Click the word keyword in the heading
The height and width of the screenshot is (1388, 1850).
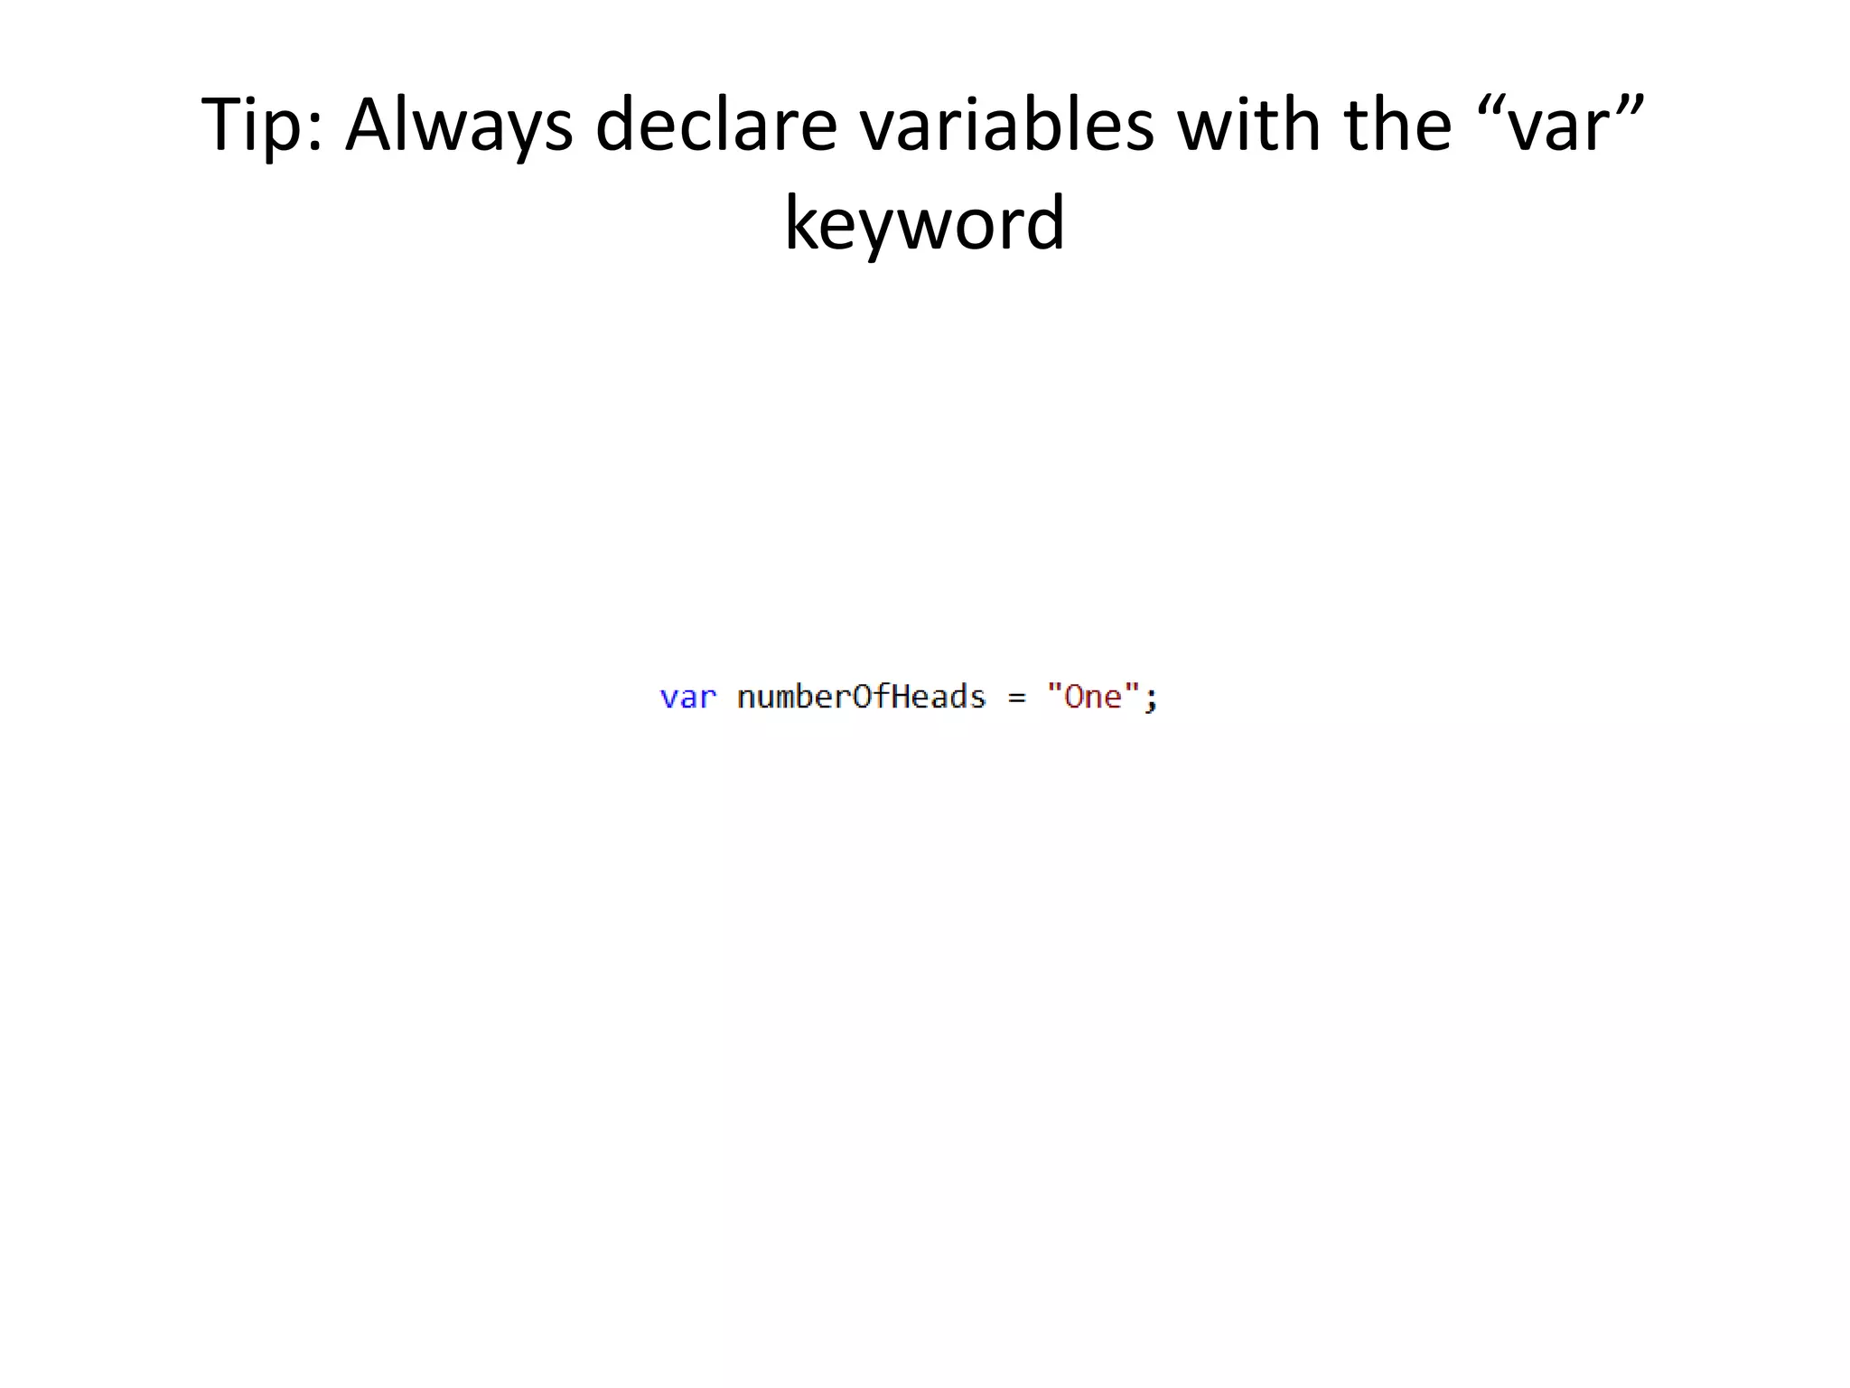tap(924, 223)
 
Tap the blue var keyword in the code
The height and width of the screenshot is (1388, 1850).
tap(688, 698)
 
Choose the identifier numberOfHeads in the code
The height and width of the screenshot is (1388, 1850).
tap(861, 697)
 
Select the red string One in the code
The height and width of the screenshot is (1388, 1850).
tap(1093, 697)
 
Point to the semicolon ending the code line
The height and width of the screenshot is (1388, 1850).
tap(1151, 699)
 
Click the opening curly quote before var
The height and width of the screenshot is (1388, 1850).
tap(1494, 101)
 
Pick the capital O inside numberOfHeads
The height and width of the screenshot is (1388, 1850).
tap(861, 697)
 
